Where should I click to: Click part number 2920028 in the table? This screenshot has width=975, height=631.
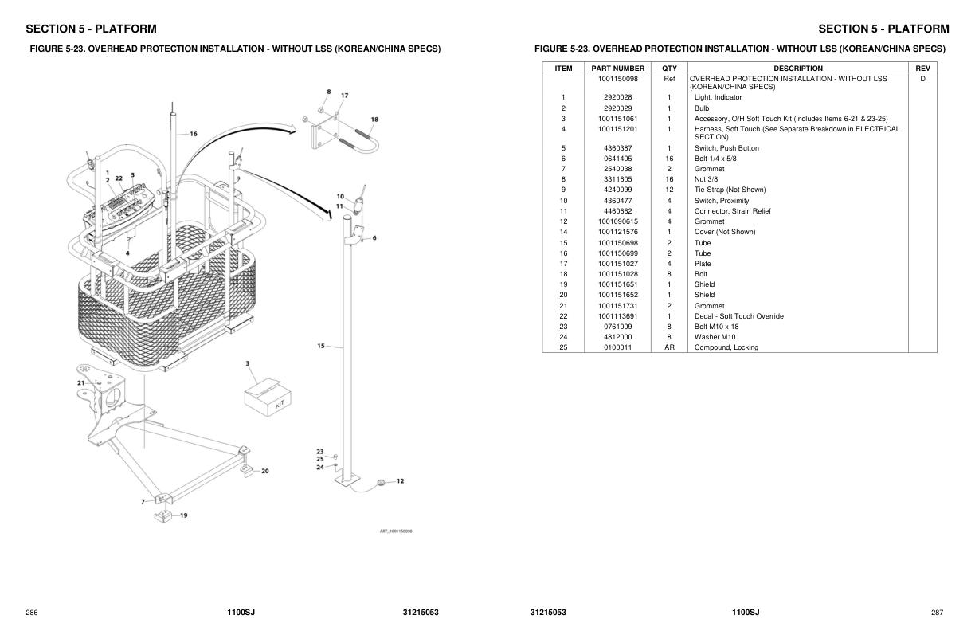click(617, 97)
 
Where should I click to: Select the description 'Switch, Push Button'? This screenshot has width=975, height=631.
click(726, 148)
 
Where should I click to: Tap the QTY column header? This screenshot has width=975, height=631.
click(669, 69)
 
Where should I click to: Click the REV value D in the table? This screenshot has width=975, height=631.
click(922, 79)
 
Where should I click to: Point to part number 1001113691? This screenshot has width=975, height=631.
click(617, 316)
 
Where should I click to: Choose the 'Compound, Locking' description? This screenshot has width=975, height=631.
click(726, 347)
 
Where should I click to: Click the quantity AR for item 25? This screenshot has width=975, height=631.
click(669, 347)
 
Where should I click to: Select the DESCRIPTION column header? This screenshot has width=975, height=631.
click(797, 69)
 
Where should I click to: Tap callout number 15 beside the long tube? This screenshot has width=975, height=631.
click(320, 346)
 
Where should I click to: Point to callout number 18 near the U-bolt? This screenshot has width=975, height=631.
click(374, 120)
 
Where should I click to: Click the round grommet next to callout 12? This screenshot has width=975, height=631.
click(380, 482)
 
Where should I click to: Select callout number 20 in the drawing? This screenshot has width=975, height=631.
click(264, 471)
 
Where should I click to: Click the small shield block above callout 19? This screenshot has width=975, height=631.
click(163, 515)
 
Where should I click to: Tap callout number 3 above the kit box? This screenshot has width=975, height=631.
click(248, 363)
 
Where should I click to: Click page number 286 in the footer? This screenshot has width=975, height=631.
click(32, 613)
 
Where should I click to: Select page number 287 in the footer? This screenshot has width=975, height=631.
click(937, 613)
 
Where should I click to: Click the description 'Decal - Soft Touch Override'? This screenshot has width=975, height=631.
click(738, 316)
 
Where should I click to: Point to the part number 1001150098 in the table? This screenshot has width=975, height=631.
click(617, 79)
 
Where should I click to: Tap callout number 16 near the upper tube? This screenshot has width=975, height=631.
click(193, 134)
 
